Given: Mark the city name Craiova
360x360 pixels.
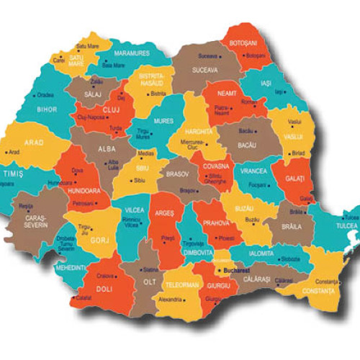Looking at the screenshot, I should (107, 276).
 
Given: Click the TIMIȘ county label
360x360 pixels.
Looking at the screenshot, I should (12, 174).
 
